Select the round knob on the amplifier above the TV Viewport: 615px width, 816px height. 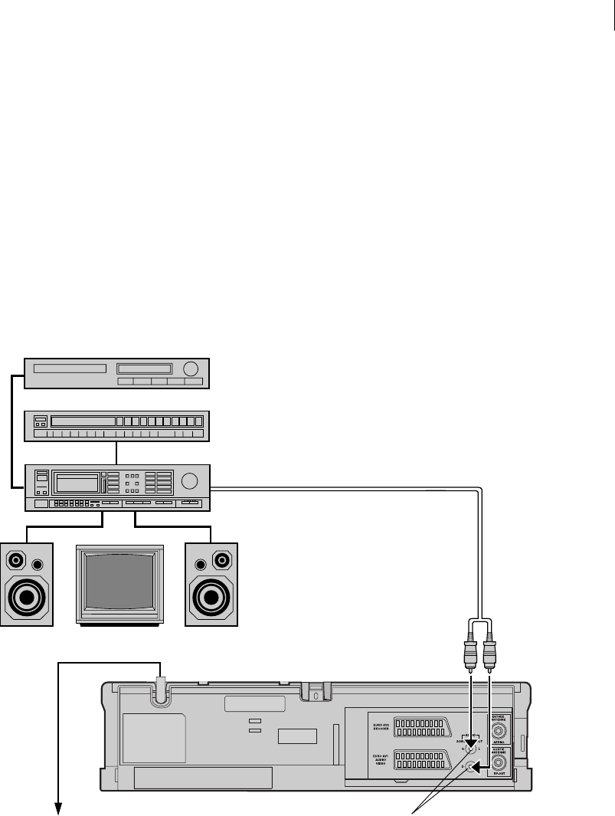tap(191, 482)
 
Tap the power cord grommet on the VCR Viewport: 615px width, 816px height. tap(161, 693)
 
